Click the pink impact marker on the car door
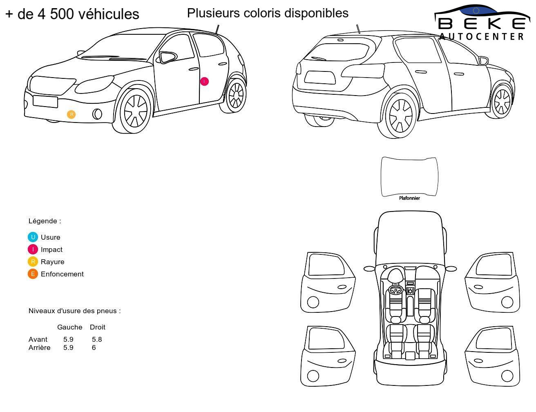click(x=204, y=81)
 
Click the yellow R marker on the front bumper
click(x=71, y=114)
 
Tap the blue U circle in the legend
click(x=33, y=237)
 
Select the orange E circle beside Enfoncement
click(x=33, y=274)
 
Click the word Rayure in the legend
click(x=53, y=262)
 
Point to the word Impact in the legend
click(x=51, y=249)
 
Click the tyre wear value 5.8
click(x=97, y=339)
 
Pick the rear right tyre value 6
click(x=94, y=347)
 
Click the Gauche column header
click(x=70, y=327)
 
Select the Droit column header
click(x=97, y=327)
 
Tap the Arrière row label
click(x=40, y=347)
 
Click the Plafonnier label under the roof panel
click(x=409, y=198)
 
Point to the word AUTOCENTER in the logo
click(x=481, y=36)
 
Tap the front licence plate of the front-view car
click(x=45, y=102)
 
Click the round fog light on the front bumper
click(x=97, y=114)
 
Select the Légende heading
click(x=45, y=221)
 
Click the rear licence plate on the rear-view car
click(x=319, y=77)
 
